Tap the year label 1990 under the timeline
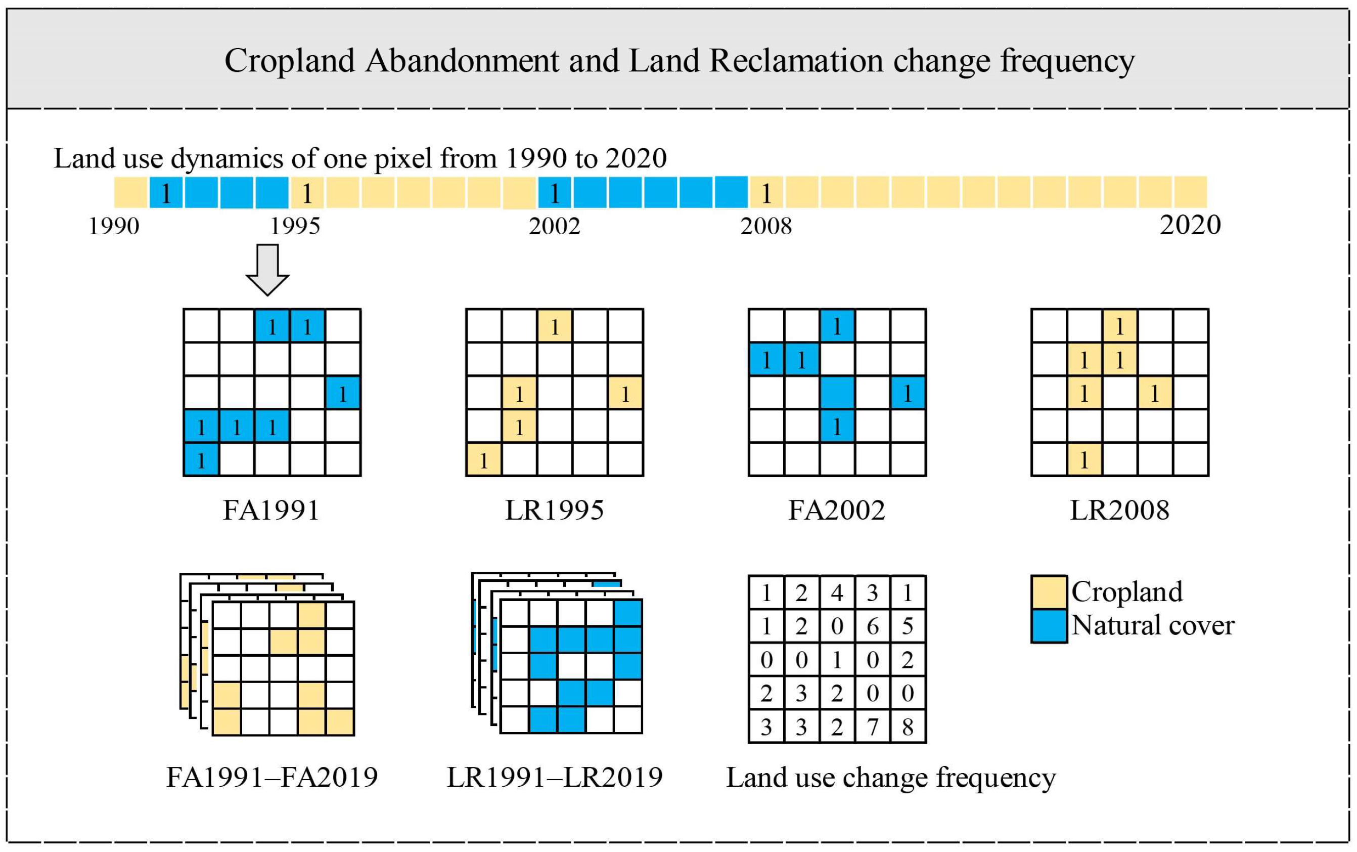[114, 226]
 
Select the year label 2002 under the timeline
[554, 226]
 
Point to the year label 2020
[1190, 225]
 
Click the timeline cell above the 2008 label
[766, 193]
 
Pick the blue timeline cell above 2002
[554, 193]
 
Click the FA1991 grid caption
[272, 510]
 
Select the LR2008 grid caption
[1119, 510]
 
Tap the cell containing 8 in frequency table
[908, 727]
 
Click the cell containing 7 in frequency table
[872, 727]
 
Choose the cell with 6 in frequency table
[872, 625]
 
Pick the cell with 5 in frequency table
[908, 625]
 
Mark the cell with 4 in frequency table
[837, 593]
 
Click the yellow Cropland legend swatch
[1049, 591]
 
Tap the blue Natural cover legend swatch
[1049, 625]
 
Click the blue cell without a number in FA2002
[837, 393]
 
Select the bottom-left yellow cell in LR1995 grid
[484, 460]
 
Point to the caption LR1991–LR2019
[555, 777]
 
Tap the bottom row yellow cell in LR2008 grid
[1084, 460]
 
